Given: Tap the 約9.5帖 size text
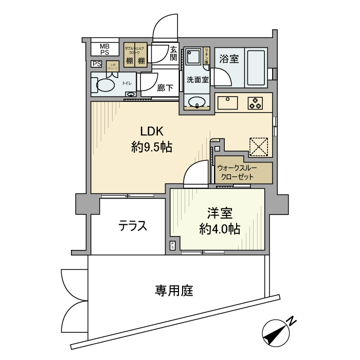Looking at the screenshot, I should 151,148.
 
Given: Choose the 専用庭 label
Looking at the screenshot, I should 174,291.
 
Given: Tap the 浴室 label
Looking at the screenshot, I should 228,59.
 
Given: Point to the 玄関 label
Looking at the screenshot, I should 174,53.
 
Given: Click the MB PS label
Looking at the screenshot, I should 104,49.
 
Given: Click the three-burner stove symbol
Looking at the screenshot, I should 255,103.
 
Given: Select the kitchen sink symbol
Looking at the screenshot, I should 227,103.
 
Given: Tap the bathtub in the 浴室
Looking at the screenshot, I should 255,67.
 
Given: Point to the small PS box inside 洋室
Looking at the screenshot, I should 173,245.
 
